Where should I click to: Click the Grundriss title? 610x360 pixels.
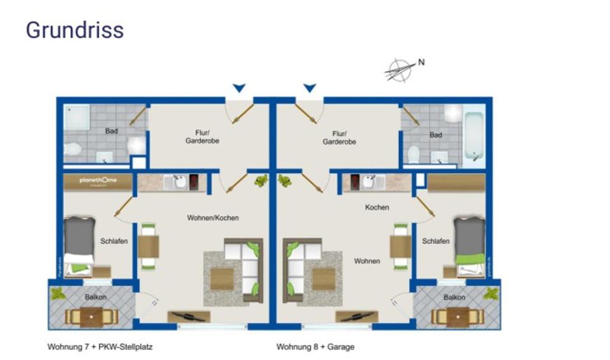[74, 30]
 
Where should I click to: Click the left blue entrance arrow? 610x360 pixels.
[238, 88]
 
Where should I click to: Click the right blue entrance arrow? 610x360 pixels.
[309, 88]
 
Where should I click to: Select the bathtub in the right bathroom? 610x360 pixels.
[473, 135]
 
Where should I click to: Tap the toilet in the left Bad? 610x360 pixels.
[72, 150]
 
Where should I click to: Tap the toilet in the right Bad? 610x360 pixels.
[414, 154]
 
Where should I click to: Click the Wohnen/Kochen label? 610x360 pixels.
[213, 218]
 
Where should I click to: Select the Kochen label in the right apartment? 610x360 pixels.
[377, 208]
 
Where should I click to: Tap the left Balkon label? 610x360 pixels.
[95, 297]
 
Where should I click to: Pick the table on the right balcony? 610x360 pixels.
[457, 316]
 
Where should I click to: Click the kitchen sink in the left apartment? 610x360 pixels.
[180, 183]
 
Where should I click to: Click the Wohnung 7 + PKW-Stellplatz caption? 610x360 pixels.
[100, 347]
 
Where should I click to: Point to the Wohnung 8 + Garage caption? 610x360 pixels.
[315, 347]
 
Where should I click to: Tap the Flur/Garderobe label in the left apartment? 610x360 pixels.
[203, 137]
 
